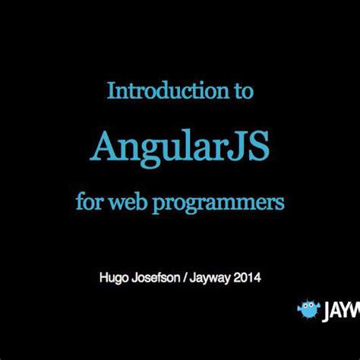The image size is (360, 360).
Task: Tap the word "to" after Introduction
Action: tap(239, 92)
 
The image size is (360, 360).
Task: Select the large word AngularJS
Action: tap(180, 147)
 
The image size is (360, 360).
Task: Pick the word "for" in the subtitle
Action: tap(89, 203)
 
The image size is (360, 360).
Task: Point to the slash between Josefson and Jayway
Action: tap(193, 278)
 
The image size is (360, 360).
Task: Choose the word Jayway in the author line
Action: tap(215, 279)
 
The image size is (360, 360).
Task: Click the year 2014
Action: tap(249, 278)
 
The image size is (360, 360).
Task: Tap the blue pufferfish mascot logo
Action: tap(308, 310)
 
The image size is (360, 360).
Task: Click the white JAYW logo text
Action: tap(343, 311)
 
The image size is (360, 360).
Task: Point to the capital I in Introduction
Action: tap(111, 92)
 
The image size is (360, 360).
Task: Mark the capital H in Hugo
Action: tap(104, 278)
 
